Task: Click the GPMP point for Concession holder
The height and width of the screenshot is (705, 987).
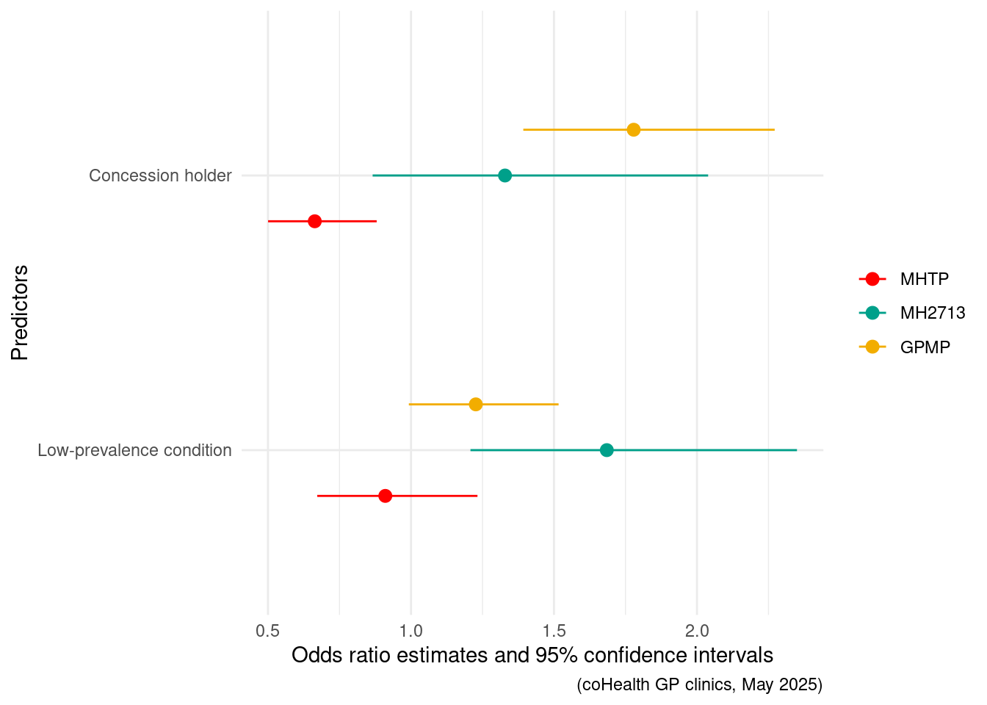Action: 633,130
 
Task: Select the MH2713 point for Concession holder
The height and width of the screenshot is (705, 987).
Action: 505,176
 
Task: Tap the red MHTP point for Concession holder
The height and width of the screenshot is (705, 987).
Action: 314,221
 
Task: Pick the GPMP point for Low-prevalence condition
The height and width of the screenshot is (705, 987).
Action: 476,405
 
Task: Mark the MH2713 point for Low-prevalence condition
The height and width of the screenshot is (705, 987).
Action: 607,450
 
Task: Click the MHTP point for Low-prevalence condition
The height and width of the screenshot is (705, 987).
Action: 385,496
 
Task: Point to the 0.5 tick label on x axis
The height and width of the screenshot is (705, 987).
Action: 268,631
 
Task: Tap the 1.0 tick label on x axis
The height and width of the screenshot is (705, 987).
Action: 411,631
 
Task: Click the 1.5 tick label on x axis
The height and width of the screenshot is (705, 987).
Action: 554,631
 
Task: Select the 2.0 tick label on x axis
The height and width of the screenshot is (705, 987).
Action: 697,631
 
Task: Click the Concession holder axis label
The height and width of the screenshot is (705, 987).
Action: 160,176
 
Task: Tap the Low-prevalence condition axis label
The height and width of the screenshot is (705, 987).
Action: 134,450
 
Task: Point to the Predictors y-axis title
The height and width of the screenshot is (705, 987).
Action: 20,312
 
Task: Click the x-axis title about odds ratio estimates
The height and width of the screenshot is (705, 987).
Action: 532,655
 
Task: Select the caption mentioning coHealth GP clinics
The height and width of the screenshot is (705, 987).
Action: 699,684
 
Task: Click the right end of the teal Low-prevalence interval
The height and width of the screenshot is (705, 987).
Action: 797,450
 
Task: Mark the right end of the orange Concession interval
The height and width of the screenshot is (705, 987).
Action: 774,130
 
